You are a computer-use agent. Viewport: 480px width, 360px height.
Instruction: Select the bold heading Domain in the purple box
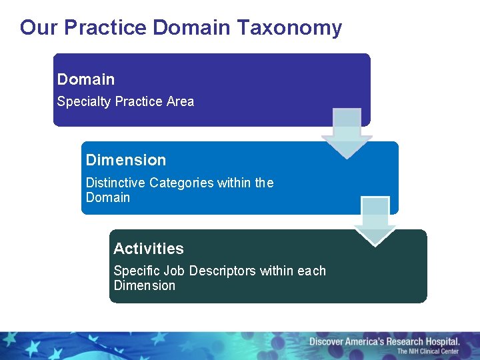tap(86, 79)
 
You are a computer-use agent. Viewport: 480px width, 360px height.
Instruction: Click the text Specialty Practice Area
tap(125, 101)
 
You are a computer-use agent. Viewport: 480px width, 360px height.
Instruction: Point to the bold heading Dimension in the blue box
tap(126, 160)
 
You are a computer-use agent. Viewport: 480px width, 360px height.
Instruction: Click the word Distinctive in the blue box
tap(115, 183)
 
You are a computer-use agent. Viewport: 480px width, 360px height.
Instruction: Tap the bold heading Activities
tap(149, 249)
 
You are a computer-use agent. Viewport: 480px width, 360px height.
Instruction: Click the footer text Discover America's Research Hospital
tap(384, 341)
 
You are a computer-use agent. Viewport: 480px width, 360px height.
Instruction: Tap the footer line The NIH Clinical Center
tap(428, 351)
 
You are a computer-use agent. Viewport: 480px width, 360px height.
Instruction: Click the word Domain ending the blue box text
tap(108, 197)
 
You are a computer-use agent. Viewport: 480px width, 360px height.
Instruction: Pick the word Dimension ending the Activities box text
tap(145, 285)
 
